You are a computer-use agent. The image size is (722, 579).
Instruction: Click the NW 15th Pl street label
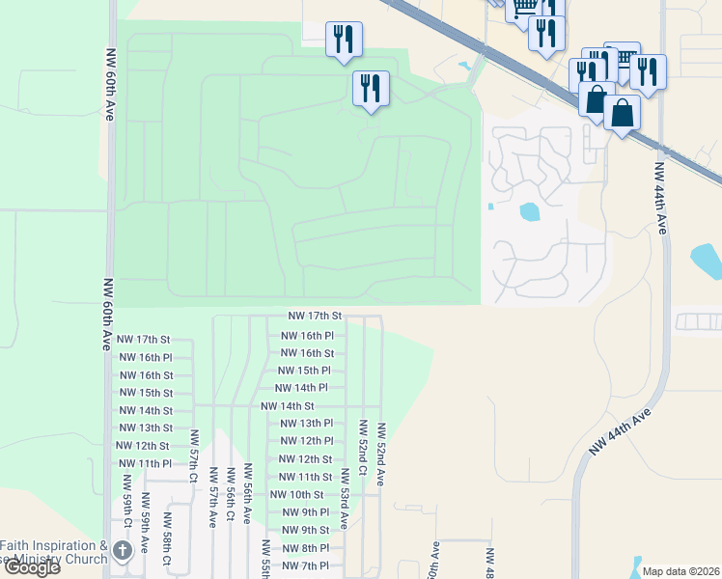(304, 371)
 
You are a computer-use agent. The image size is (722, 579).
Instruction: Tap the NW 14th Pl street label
(304, 388)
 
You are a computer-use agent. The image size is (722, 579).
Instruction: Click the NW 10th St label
(297, 495)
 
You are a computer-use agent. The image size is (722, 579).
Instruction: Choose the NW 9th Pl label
(302, 512)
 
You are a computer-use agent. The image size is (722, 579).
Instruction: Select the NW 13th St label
(142, 428)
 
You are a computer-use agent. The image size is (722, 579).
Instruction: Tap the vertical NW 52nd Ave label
(382, 454)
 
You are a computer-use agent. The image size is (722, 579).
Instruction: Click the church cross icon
(122, 551)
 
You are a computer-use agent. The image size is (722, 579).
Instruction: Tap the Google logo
(32, 567)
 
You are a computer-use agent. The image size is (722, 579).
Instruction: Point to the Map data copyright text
(680, 571)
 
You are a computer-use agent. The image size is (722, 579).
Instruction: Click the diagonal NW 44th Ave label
(622, 431)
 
